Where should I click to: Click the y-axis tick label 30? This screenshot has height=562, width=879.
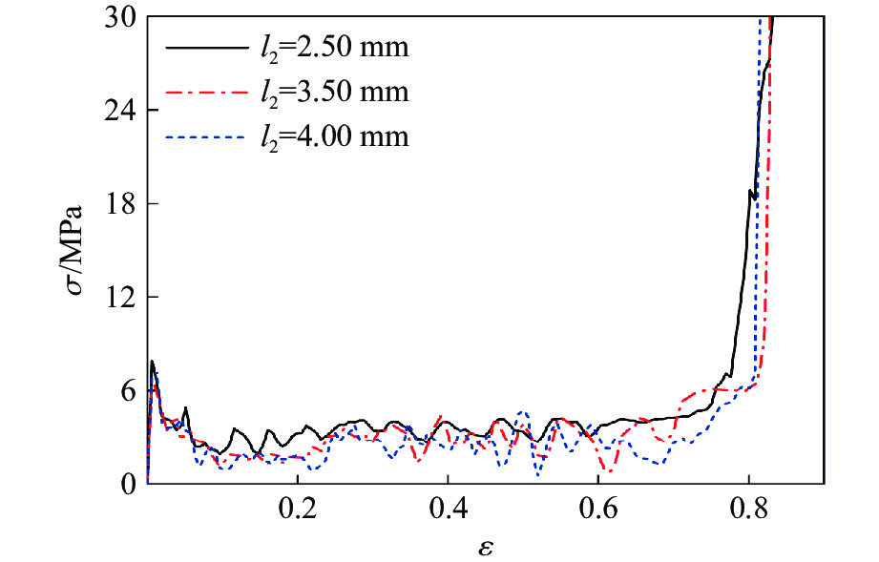point(121,17)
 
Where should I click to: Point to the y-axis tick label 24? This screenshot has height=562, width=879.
point(121,111)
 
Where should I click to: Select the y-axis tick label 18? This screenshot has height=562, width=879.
point(121,204)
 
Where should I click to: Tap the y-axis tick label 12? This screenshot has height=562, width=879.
point(121,298)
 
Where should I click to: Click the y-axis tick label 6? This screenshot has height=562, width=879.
point(128,391)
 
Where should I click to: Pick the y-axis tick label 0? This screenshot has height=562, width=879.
point(128,484)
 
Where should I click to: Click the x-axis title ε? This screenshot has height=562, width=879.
point(485,547)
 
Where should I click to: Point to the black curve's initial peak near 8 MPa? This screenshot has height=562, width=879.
point(152,362)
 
